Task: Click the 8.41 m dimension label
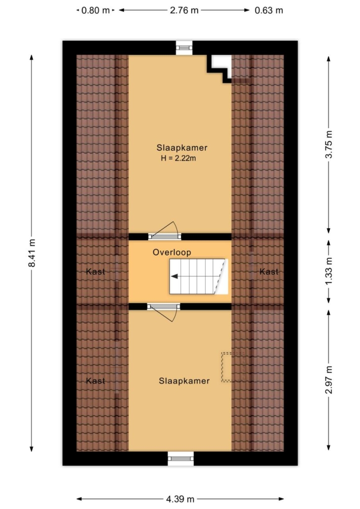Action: pos(32,253)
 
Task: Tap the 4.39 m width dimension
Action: pos(180,499)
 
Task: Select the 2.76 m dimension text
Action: pos(184,10)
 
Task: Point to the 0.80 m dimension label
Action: pos(95,10)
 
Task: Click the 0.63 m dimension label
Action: pos(269,10)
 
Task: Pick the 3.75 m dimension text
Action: pos(329,144)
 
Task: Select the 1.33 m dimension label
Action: pos(329,271)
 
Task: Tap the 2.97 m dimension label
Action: pos(329,380)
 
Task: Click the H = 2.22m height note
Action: pos(179,159)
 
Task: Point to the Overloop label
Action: pos(172,252)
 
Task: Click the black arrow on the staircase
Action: pos(175,276)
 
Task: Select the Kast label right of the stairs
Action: pos(269,271)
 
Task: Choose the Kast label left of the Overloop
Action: pos(95,271)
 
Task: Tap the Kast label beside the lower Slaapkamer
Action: pos(95,381)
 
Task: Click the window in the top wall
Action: pos(184,48)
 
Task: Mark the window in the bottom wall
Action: pos(180,459)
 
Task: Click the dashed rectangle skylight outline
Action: pos(232,367)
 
